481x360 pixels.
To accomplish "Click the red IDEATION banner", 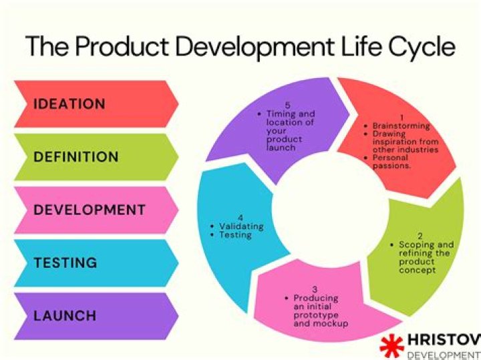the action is coord(96,104).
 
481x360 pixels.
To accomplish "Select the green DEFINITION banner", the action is coord(96,157).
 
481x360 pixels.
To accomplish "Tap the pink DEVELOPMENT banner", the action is coord(96,210).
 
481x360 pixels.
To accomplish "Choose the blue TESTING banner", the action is coord(96,263).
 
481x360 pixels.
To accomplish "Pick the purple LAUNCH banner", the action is coord(96,316).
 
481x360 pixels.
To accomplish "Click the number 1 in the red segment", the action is coord(402,118).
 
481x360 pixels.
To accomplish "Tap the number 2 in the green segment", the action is coord(420,236).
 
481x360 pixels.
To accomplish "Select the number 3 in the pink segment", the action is coord(315,289).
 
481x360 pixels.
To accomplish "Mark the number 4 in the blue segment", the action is coord(240,218).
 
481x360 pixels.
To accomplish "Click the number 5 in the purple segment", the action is coord(287,105).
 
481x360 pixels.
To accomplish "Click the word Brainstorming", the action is coord(402,126).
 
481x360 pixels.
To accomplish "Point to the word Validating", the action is coord(241,226).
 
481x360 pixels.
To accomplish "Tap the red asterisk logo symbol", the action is coord(391,346).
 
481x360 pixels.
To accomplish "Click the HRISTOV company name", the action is coord(444,340).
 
